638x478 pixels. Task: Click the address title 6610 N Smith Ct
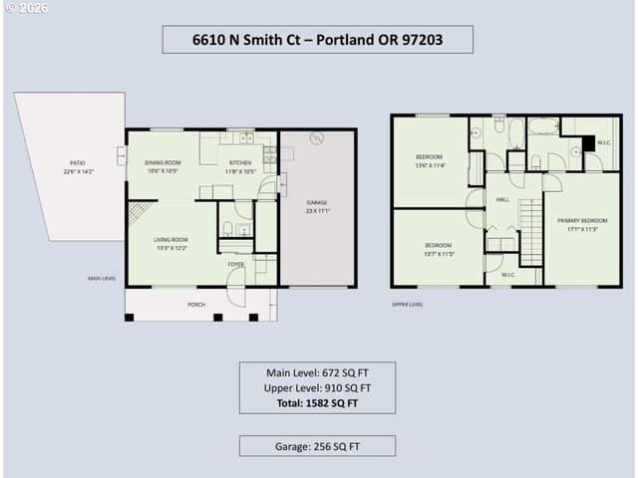[x=317, y=40]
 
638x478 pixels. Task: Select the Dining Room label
[x=162, y=163]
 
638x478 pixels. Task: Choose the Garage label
[x=317, y=203]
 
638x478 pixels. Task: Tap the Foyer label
[x=236, y=264]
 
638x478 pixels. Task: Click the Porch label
[x=195, y=305]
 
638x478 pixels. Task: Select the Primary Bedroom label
[x=582, y=220]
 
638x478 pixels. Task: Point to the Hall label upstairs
[x=502, y=199]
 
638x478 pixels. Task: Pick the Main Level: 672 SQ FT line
[x=317, y=373]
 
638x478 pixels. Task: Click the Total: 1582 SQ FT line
[x=317, y=403]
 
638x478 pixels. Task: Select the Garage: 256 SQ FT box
[x=317, y=447]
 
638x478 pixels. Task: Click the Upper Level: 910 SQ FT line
[x=317, y=388]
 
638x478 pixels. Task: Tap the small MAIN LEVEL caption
[x=102, y=279]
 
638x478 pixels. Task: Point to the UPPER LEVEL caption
[x=407, y=305]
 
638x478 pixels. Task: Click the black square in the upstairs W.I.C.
[x=590, y=142]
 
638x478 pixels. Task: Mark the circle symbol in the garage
[x=317, y=138]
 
